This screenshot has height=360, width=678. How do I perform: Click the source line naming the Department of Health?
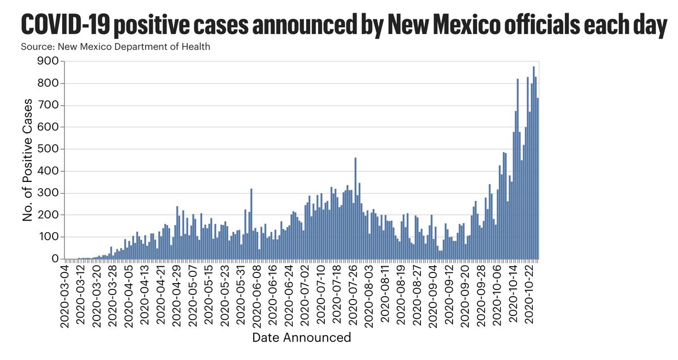click(115, 46)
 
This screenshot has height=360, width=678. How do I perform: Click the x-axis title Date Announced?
click(301, 338)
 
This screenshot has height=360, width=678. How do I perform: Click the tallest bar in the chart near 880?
click(533, 164)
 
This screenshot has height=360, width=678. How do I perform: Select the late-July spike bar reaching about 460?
click(355, 209)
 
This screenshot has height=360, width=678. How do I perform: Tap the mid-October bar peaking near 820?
click(518, 170)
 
